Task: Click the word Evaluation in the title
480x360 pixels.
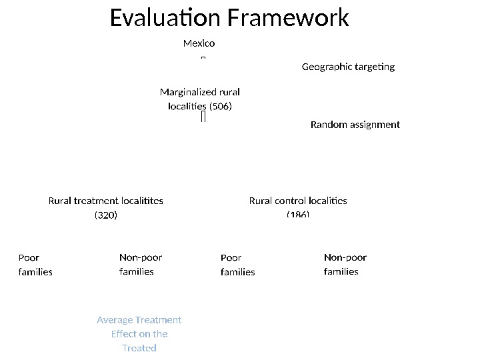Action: coord(165,18)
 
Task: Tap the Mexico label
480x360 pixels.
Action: coord(199,43)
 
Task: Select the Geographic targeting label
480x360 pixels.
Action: coord(348,67)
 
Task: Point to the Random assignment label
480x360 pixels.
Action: coord(355,125)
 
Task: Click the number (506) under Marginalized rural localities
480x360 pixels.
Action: coord(221,106)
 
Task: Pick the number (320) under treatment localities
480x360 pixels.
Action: coord(106,215)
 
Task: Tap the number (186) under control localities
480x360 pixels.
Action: coord(298,215)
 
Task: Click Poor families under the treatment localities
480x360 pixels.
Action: coord(35,265)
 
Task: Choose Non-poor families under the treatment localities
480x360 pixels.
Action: coord(140,264)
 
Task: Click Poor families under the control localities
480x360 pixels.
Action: coord(237,265)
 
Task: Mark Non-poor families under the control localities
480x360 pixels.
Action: coord(345,264)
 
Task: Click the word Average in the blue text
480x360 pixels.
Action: coord(115,320)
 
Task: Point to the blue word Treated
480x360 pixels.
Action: coord(139,348)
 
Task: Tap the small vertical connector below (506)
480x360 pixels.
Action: coord(203,117)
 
